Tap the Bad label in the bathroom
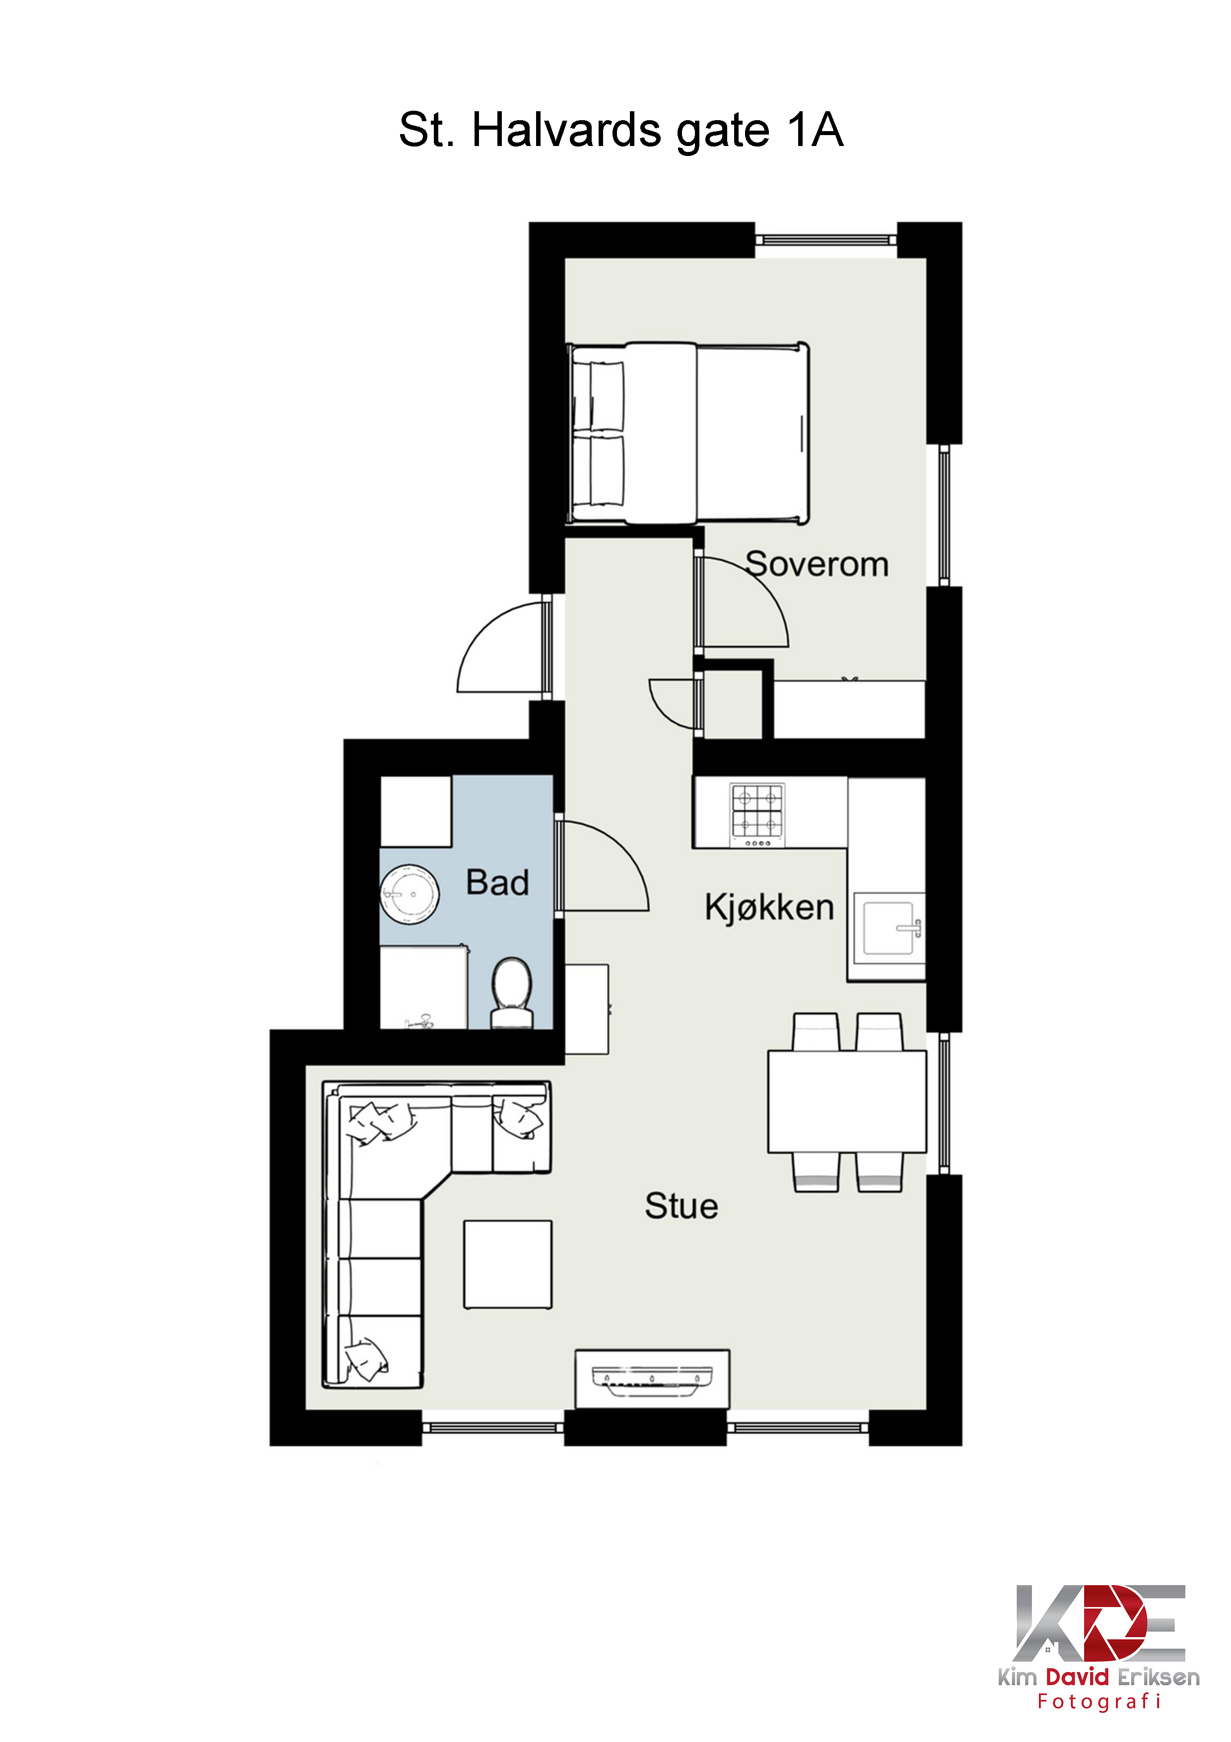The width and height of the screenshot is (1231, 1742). coord(497,882)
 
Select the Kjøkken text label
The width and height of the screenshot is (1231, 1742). coord(769,907)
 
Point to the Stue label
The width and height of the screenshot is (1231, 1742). coord(681,1206)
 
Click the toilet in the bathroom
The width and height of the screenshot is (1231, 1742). coord(512,992)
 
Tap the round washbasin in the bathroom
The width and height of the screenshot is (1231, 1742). coord(410,894)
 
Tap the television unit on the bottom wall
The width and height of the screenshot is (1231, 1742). coord(652,1379)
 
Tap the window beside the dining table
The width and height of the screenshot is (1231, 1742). coord(944,1103)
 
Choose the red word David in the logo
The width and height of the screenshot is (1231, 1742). coord(1077,1677)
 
